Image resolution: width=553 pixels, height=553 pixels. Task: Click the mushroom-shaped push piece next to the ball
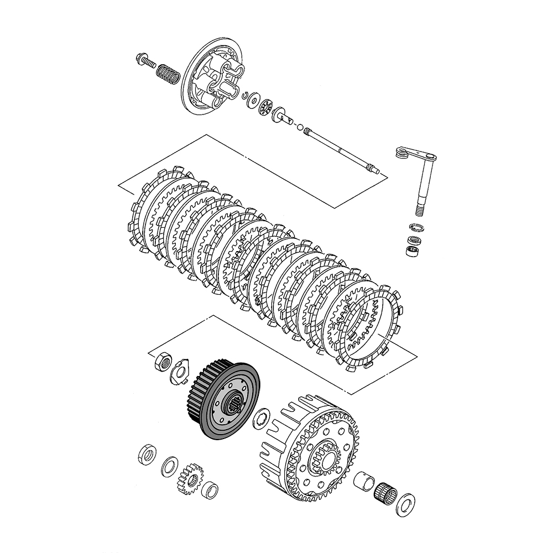point(283,116)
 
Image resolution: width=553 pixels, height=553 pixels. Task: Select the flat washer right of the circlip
point(255,100)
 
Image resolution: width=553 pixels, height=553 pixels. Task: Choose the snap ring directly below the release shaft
point(416,227)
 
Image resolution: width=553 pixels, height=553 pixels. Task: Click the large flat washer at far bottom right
point(406,504)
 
